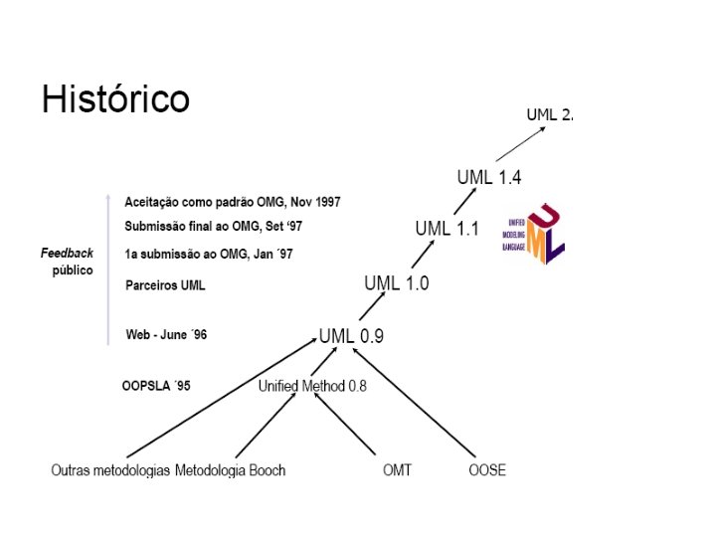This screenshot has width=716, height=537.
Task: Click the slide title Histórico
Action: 115,99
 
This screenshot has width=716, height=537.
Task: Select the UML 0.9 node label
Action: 351,336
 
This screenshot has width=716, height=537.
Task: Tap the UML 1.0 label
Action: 396,282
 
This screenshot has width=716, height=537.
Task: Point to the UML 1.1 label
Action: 447,229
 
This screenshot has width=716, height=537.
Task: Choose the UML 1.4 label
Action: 489,177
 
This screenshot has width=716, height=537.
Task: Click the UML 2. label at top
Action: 549,114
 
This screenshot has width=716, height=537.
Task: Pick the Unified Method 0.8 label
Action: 312,386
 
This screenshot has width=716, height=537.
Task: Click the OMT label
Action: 397,469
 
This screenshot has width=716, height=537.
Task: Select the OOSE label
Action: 487,469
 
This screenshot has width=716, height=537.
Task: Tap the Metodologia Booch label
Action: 230,469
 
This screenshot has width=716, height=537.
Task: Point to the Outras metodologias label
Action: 110,469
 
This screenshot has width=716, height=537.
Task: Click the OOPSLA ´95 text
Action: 155,386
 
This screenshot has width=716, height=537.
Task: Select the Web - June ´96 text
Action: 166,335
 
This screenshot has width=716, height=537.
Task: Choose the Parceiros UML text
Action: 165,285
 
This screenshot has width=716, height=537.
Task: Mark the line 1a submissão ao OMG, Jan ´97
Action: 209,255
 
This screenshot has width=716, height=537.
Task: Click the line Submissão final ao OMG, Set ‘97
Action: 214,226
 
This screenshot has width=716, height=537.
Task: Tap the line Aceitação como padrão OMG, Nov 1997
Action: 233,202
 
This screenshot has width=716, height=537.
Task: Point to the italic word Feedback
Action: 67,254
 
